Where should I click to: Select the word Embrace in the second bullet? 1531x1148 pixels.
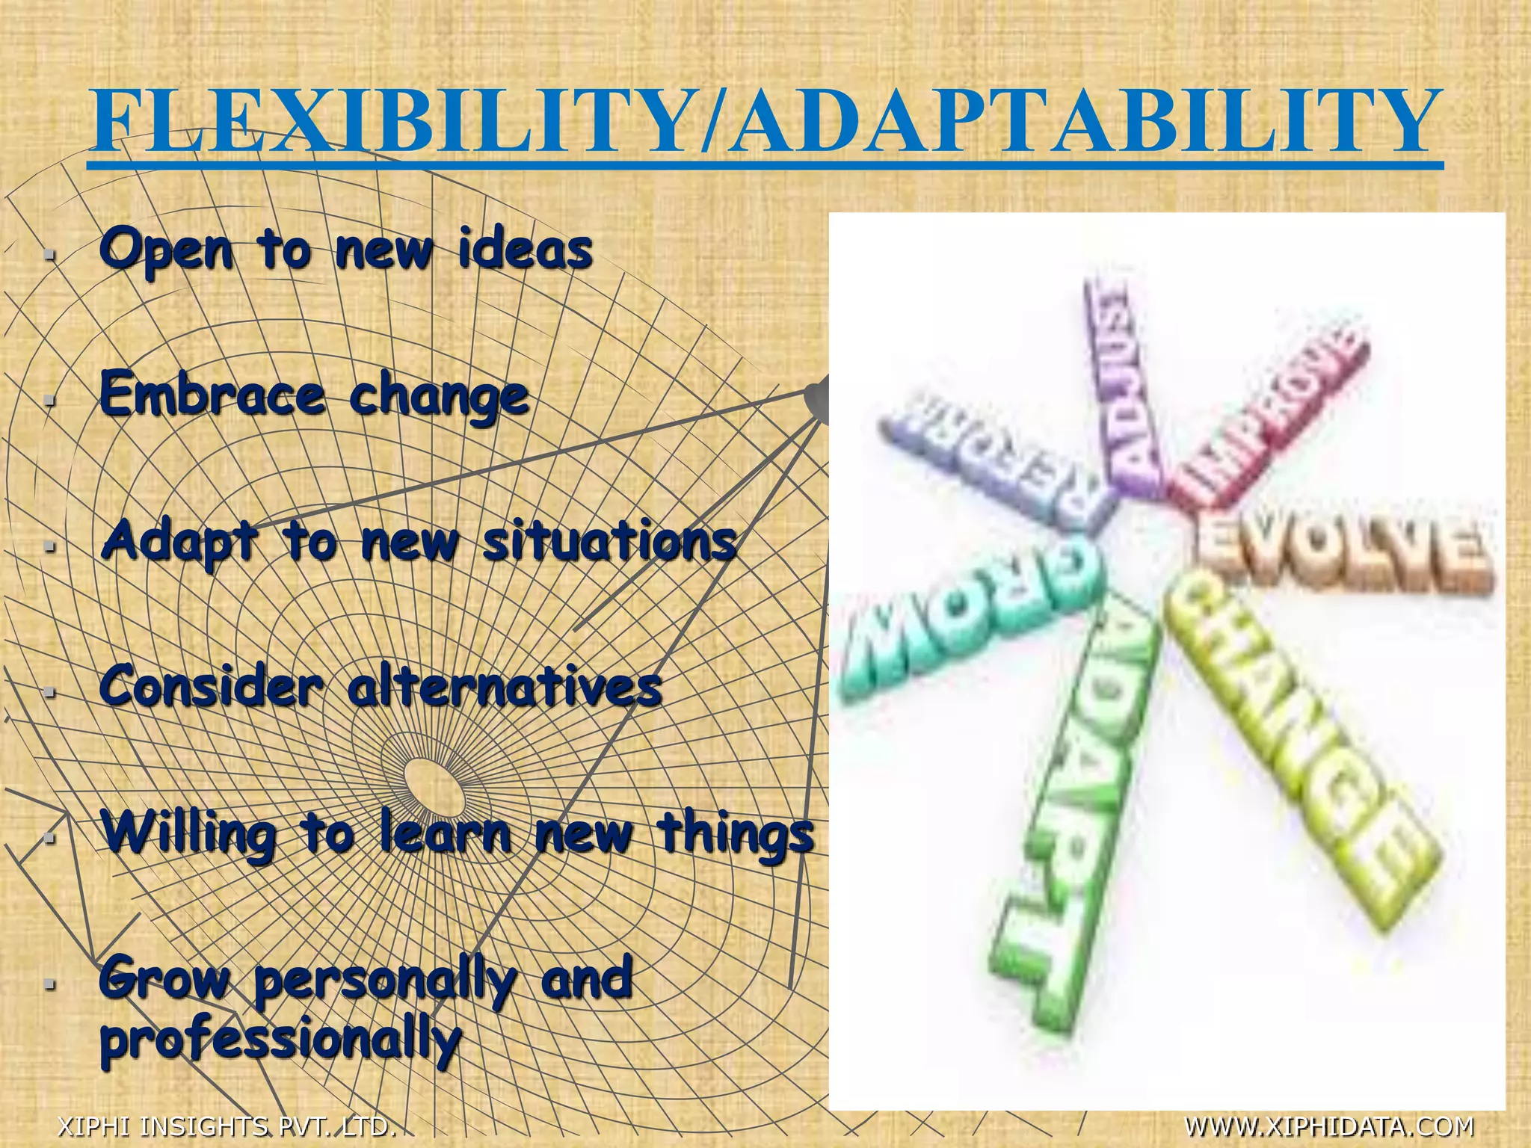coord(212,395)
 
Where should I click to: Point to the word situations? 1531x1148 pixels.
coord(609,541)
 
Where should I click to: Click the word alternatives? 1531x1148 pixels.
coord(505,686)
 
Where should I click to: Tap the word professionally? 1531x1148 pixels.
coord(280,1039)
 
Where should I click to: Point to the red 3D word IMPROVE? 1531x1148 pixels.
coord(1271,419)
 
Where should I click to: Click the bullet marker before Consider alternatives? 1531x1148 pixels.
coord(49,692)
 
